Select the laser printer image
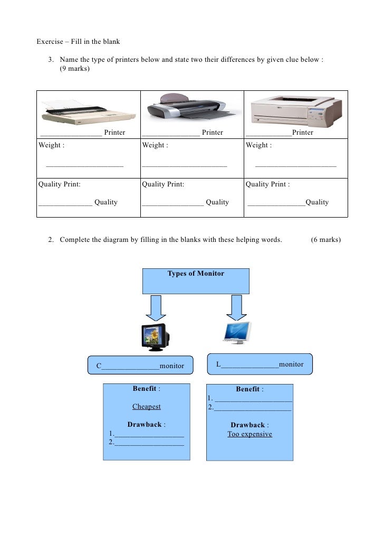[x=293, y=109]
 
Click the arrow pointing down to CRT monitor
[x=156, y=308]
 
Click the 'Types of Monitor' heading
[x=196, y=274]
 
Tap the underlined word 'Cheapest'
[x=147, y=407]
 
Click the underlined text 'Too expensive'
[x=249, y=434]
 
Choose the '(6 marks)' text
[x=326, y=240]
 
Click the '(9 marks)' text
[x=75, y=69]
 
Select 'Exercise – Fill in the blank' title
[x=78, y=42]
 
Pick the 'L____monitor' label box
[x=260, y=364]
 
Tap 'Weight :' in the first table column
[x=52, y=145]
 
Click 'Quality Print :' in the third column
[x=267, y=184]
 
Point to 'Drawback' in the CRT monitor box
[x=145, y=425]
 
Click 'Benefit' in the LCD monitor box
[x=248, y=389]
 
